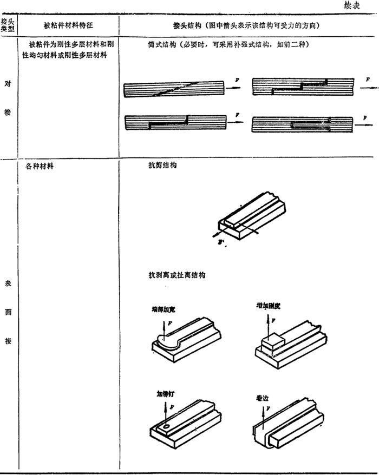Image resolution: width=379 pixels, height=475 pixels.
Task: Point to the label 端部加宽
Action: [x=164, y=310]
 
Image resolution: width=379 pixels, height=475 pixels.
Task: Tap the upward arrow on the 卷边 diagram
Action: [x=263, y=415]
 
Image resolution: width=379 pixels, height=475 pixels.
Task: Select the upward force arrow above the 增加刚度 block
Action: [x=267, y=325]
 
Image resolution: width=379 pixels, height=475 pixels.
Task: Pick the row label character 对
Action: [x=7, y=85]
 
